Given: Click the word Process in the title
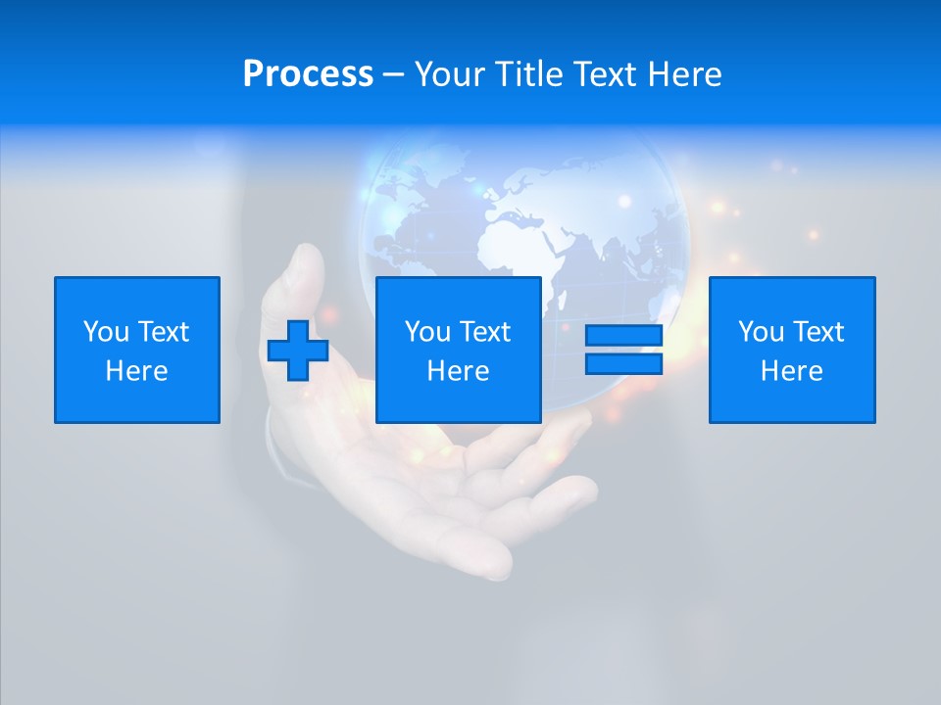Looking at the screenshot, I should coord(308,74).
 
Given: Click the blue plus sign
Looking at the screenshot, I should coord(298,350).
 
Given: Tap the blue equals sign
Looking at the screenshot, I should coord(623,350).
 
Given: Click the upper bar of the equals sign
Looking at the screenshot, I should coord(623,336).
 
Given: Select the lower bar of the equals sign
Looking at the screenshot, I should coord(623,363).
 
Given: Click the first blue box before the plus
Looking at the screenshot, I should coord(137,350).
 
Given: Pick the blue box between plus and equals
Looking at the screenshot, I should coord(459,350).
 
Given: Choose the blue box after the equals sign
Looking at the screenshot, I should coord(792,350).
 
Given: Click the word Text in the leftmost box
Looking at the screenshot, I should coord(163,332).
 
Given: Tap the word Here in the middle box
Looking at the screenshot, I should coord(459,371).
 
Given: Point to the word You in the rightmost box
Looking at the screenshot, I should coord(762,332).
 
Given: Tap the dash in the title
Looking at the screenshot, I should coord(394,75).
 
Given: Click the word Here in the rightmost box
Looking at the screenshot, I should coord(792,371).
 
